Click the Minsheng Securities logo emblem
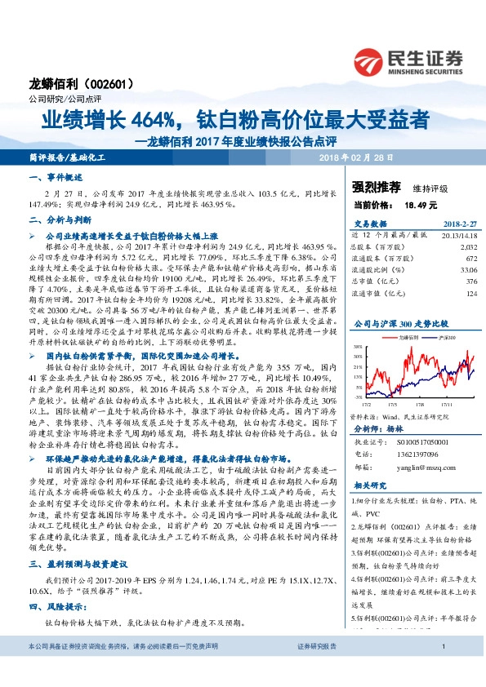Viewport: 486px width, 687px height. point(371,60)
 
